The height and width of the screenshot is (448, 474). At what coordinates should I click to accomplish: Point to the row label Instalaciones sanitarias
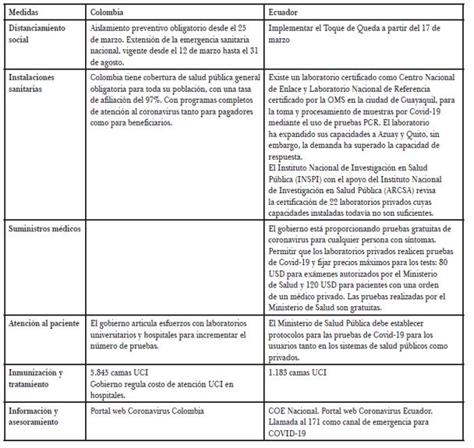coord(33,83)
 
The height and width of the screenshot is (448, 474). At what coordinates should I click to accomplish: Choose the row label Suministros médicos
coord(41,231)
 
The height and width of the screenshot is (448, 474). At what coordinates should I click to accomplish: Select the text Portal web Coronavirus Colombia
coord(148,410)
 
